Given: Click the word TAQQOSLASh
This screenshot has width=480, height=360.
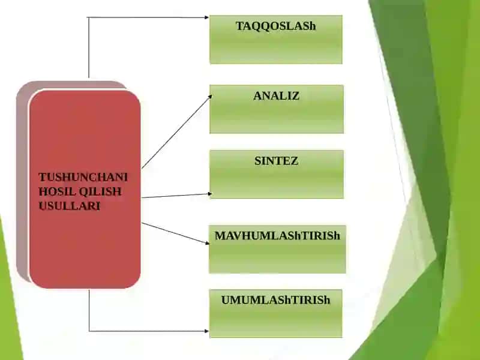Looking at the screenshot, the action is point(275,26).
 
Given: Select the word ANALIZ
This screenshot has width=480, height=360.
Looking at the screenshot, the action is point(276,96).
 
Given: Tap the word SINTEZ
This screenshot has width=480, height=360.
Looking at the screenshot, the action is point(276,161).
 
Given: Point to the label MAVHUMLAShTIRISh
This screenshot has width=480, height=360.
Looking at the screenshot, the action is point(277,236).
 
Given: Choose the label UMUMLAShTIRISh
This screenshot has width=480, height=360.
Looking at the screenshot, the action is point(275,300).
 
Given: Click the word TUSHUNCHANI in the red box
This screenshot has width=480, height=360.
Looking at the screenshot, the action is point(83,177).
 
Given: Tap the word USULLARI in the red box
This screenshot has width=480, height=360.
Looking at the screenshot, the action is point(70,206).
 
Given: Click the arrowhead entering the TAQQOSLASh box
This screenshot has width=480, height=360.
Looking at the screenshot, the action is point(206,17).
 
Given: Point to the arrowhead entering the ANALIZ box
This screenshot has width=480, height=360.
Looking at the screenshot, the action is point(210,97).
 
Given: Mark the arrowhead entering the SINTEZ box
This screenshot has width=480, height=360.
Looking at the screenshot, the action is point(209,193).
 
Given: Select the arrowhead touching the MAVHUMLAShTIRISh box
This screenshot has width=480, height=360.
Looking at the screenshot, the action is point(207,243).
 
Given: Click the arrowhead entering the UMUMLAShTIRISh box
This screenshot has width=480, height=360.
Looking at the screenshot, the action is point(206,331).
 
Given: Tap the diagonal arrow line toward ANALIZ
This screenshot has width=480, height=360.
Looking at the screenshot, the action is point(176,132).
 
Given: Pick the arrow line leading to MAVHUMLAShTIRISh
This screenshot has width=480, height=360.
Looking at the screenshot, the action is point(175,233).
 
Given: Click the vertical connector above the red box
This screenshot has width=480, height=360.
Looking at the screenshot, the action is point(89,47).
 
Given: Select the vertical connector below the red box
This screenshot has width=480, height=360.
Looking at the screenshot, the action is point(89,310).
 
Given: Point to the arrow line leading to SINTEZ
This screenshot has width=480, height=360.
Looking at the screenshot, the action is point(176,196).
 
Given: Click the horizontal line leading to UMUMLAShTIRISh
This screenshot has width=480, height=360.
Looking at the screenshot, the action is point(149,331).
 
